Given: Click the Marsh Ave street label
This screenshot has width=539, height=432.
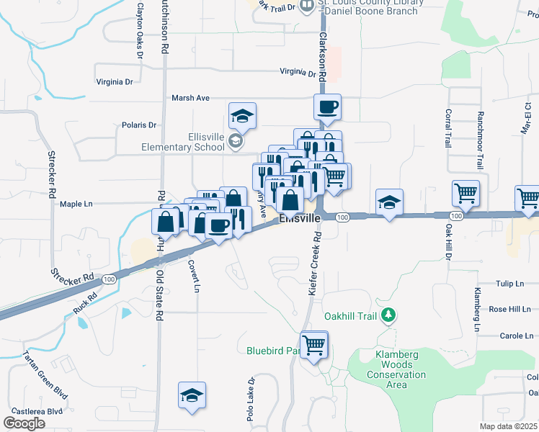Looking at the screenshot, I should (x=190, y=98).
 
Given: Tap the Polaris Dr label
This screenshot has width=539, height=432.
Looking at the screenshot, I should (x=139, y=125).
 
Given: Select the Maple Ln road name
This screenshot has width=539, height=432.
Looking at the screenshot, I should (x=76, y=204).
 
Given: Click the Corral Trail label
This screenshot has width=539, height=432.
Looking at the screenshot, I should (x=448, y=128).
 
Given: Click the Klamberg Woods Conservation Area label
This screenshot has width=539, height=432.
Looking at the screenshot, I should (x=401, y=369).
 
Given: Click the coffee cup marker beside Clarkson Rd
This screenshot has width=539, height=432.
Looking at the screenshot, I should (x=327, y=107).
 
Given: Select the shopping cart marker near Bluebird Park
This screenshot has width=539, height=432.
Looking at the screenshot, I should (x=314, y=346).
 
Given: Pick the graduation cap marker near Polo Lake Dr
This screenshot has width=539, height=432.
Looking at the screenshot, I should (x=192, y=395).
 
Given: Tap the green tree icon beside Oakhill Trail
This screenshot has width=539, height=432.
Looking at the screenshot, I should (x=389, y=315).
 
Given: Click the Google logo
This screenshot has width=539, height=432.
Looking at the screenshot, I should (x=24, y=423).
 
